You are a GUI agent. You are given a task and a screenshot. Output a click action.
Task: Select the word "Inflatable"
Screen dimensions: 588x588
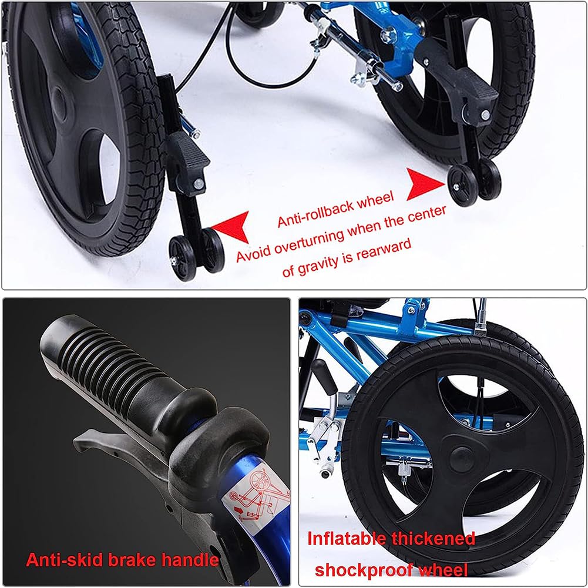point(347,539)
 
